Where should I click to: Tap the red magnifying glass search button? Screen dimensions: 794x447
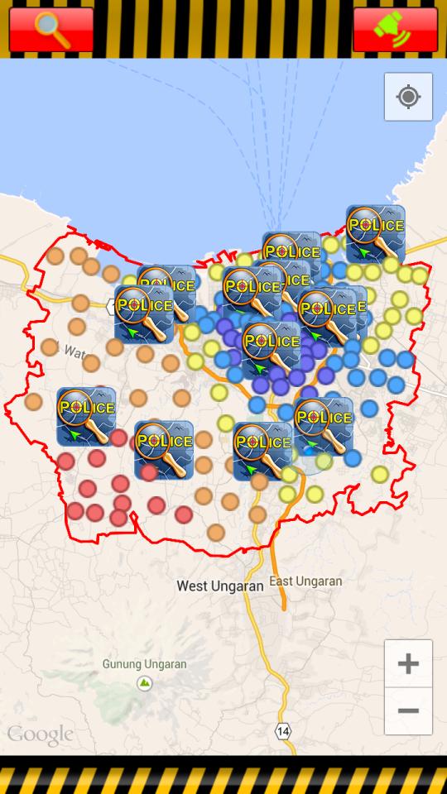pyautogui.click(x=51, y=30)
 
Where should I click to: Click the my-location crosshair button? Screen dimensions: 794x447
pyautogui.click(x=408, y=97)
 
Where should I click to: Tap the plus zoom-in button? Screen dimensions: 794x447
pyautogui.click(x=408, y=663)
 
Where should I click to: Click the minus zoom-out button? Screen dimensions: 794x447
pyautogui.click(x=408, y=711)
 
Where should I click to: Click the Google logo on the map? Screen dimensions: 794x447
pyautogui.click(x=40, y=734)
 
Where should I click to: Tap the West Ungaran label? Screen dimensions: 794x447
pyautogui.click(x=220, y=586)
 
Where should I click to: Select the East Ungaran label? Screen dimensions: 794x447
pyautogui.click(x=305, y=581)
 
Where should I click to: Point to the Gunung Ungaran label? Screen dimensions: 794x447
pyautogui.click(x=144, y=663)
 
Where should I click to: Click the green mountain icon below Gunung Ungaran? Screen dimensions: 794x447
pyautogui.click(x=145, y=683)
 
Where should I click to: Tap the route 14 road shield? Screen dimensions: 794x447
pyautogui.click(x=283, y=731)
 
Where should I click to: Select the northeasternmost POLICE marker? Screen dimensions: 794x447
pyautogui.click(x=376, y=234)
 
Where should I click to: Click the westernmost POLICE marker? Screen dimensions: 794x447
pyautogui.click(x=86, y=416)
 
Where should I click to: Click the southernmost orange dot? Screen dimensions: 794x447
pyautogui.click(x=216, y=533)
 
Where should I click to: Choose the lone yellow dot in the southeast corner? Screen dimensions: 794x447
pyautogui.click(x=380, y=474)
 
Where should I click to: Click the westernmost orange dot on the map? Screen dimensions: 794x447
pyautogui.click(x=33, y=402)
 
